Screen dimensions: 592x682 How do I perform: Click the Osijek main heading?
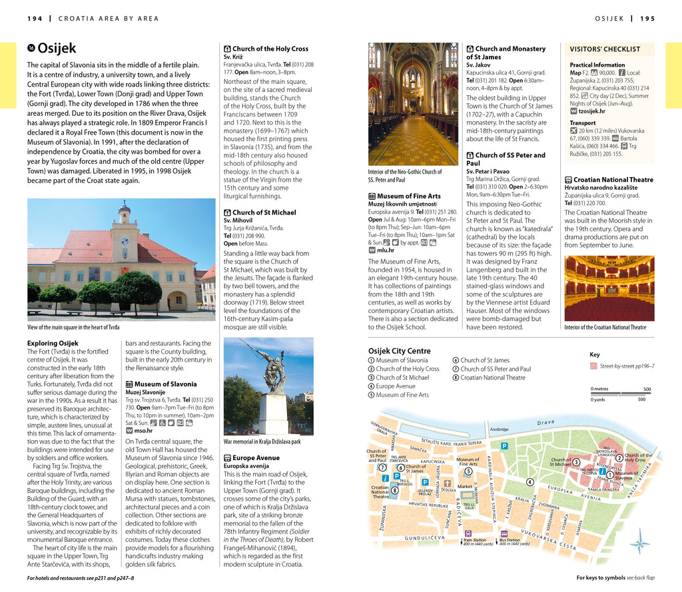click(x=57, y=48)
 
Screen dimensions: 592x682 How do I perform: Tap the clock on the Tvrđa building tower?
click(x=124, y=240)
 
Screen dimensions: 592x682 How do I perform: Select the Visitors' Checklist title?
click(x=605, y=49)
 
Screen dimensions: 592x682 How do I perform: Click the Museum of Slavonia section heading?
click(x=165, y=384)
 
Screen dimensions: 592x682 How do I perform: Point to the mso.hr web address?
click(x=144, y=431)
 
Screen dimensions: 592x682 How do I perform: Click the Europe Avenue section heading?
click(x=256, y=458)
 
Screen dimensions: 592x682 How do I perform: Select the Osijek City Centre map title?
click(x=399, y=351)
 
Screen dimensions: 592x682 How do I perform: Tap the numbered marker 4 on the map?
click(x=530, y=481)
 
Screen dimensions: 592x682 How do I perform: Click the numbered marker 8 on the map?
click(x=395, y=490)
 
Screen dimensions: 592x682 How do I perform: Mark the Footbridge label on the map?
click(x=499, y=430)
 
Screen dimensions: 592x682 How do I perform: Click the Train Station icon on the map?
click(x=468, y=533)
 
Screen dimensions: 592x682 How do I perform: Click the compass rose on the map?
click(x=639, y=542)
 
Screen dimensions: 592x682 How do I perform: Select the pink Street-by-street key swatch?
click(x=593, y=366)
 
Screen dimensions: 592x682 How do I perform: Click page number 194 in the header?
click(x=35, y=18)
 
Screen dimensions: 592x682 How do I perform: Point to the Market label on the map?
click(x=465, y=486)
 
